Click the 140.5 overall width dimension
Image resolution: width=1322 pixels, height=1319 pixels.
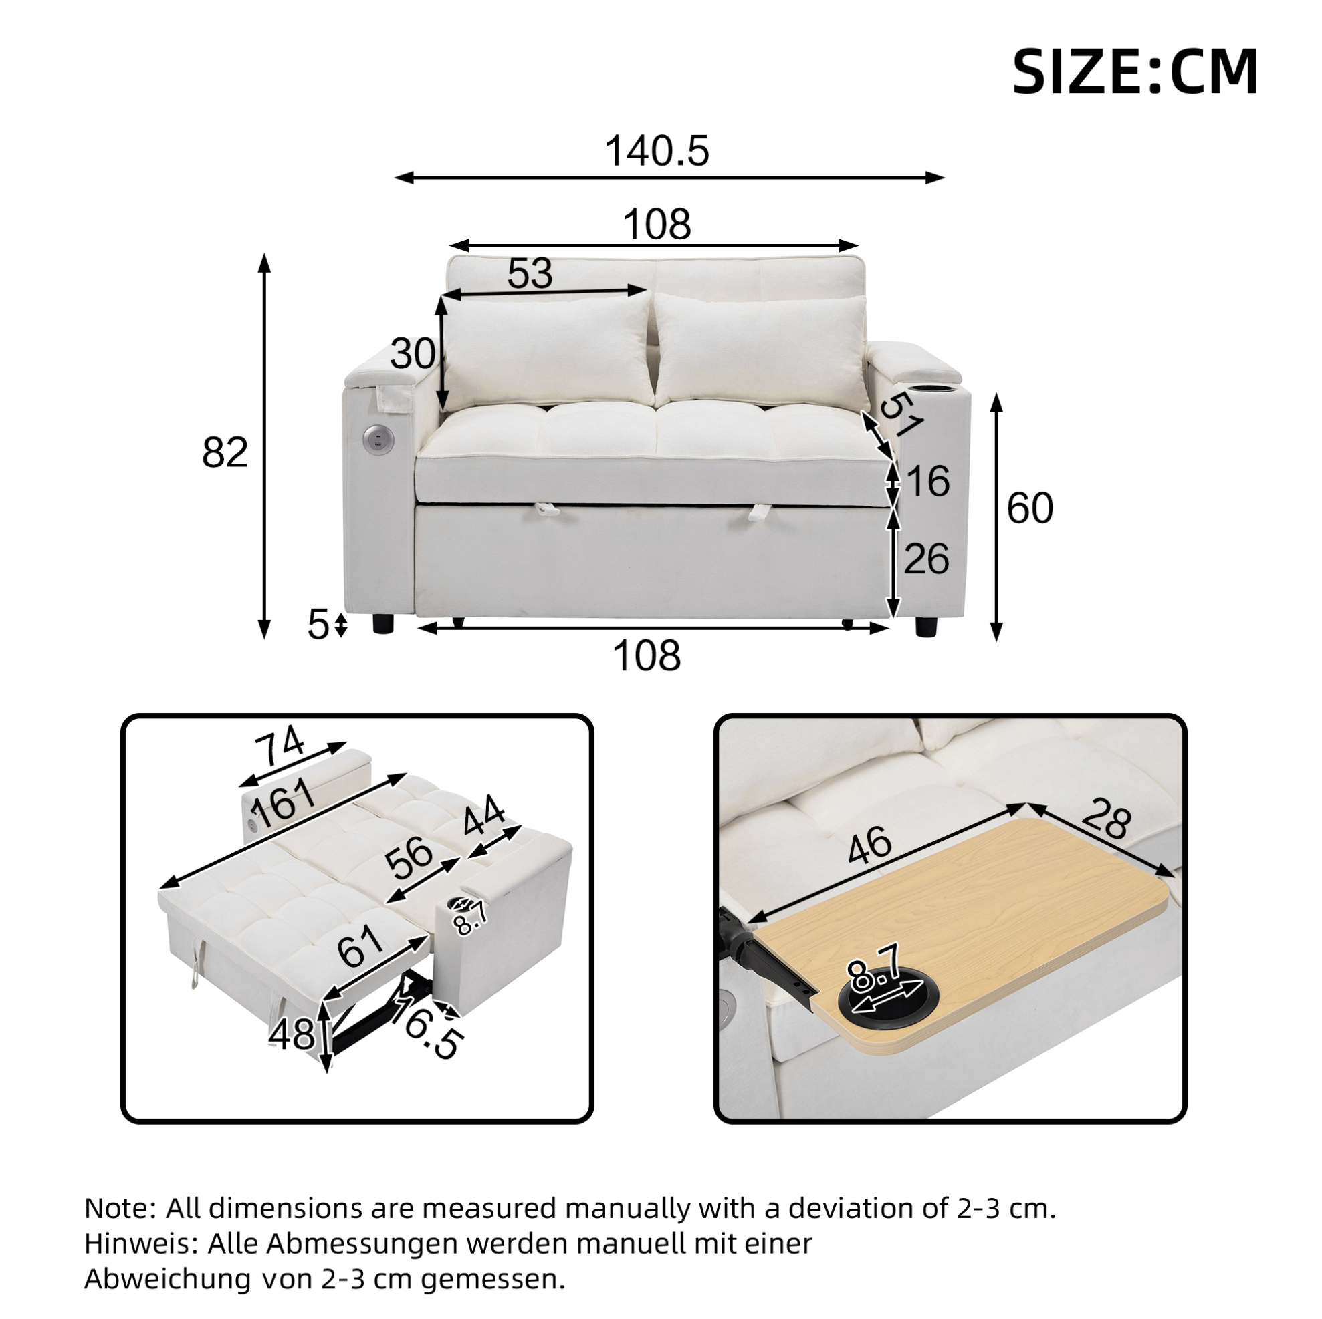657,151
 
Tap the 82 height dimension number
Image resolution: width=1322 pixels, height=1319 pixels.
225,452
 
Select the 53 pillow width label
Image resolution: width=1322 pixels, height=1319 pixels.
530,273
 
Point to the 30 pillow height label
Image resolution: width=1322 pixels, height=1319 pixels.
413,354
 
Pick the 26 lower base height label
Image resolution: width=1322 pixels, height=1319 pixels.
927,559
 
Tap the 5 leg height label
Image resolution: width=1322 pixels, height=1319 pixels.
318,624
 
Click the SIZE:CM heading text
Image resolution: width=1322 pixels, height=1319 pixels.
1135,71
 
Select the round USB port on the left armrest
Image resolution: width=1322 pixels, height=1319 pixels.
374,438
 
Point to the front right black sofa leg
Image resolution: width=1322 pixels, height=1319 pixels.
925,626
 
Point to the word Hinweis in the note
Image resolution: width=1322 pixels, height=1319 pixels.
141,1243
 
